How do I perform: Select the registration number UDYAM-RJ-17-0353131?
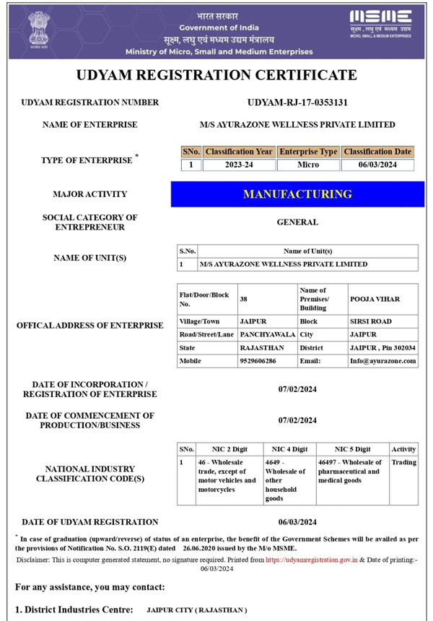click(297, 103)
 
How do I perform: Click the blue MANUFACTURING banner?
click(297, 194)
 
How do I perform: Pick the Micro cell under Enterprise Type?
click(308, 165)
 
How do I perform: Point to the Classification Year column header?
click(239, 152)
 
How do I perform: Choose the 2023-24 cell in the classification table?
click(239, 165)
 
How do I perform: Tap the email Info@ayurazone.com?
click(382, 360)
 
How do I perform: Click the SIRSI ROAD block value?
click(371, 321)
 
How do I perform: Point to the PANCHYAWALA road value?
click(266, 334)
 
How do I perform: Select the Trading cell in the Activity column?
click(403, 462)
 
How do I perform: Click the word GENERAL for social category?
click(297, 222)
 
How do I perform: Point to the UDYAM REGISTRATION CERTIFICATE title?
click(216, 75)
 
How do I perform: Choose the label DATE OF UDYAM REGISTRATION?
click(90, 521)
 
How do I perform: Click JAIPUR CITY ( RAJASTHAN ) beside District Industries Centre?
click(196, 610)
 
